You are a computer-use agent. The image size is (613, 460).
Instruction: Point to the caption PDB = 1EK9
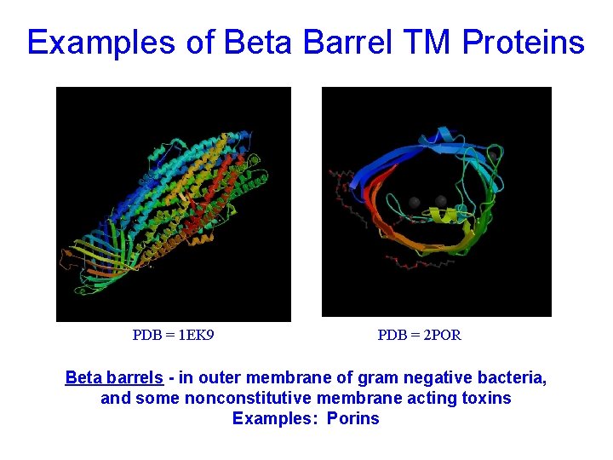[x=173, y=335]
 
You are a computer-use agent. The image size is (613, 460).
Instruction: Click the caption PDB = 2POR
[x=419, y=335]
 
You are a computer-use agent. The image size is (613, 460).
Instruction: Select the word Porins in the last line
[x=352, y=418]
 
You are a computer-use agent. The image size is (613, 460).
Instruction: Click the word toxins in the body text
[x=486, y=398]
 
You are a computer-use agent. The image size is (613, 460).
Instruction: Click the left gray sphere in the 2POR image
[x=415, y=202]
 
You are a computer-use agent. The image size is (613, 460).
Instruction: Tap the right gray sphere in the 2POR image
[x=441, y=201]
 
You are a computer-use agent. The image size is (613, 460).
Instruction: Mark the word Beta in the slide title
[x=255, y=42]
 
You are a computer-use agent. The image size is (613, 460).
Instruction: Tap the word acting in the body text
[x=430, y=398]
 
